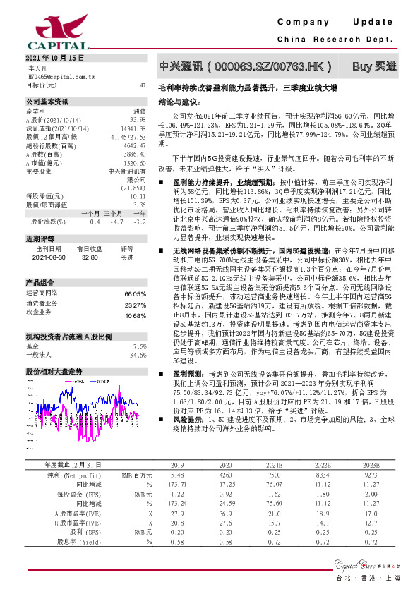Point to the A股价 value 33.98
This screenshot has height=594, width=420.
click(138, 120)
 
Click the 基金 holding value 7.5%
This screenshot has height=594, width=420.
click(139, 346)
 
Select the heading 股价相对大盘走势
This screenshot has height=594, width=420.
click(54, 370)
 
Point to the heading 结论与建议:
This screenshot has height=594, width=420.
click(179, 102)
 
